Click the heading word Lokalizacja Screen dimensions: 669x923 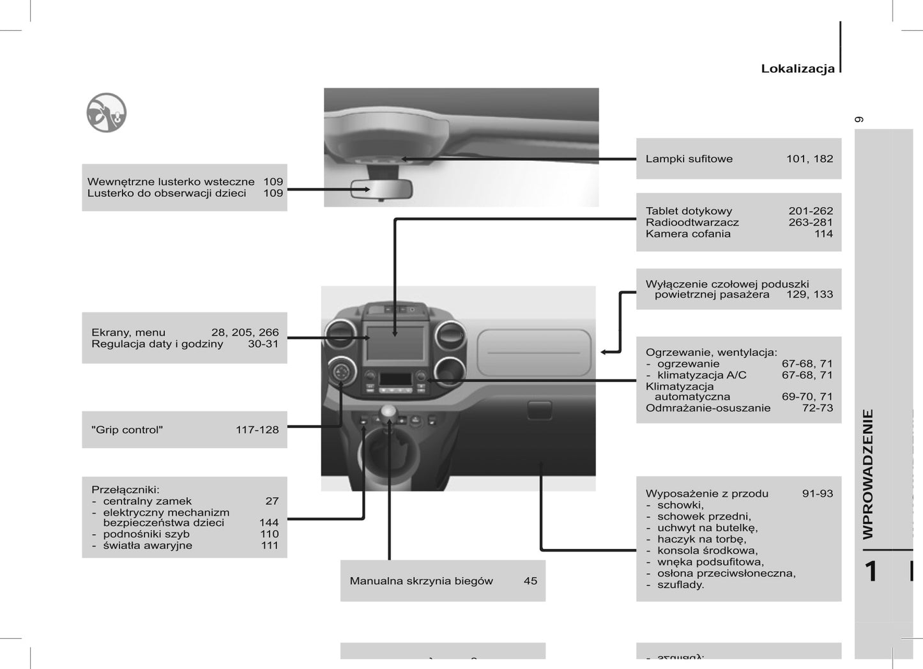point(797,69)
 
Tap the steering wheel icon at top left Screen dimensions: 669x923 point(106,112)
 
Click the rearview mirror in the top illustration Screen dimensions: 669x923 point(381,189)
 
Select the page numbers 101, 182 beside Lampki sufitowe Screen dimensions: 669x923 point(809,159)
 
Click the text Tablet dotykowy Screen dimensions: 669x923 point(689,211)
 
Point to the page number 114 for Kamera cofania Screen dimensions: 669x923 point(823,234)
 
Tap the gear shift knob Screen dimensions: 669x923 point(387,412)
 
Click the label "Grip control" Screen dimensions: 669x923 point(127,430)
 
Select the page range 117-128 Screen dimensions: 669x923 point(257,430)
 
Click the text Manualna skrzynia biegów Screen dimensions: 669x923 point(421,581)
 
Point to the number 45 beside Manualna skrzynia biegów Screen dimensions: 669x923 point(530,581)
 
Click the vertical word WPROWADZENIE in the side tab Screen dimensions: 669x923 point(868,474)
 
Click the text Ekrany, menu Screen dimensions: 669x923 point(128,333)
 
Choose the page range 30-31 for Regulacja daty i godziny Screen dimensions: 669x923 point(263,344)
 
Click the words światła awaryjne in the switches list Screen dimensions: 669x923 point(147,546)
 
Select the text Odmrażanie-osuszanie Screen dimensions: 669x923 point(708,408)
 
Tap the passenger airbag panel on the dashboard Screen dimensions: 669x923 point(533,352)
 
